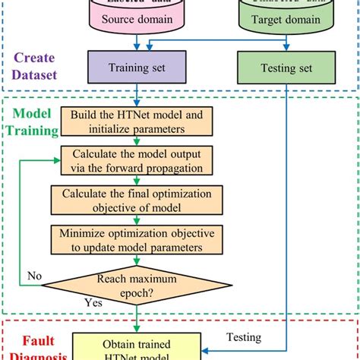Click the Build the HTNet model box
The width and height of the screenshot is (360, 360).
137,121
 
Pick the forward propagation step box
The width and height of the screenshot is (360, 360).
137,162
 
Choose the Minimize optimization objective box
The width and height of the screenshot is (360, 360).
137,238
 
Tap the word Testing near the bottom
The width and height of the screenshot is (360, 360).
242,337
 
